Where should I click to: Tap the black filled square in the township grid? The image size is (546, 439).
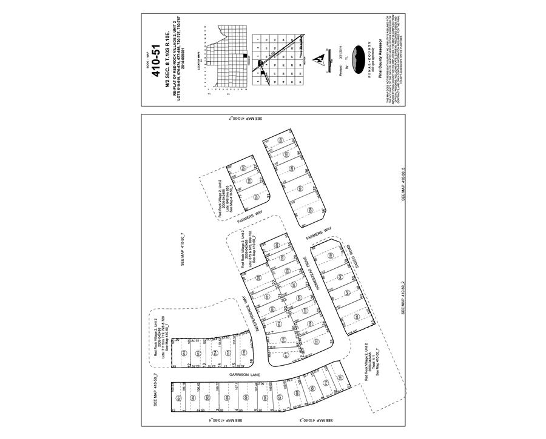pyautogui.click(x=245, y=56)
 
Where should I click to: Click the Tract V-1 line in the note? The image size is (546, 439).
pyautogui.click(x=372, y=365)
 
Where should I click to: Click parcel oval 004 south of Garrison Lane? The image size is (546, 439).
pyautogui.click(x=227, y=397)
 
